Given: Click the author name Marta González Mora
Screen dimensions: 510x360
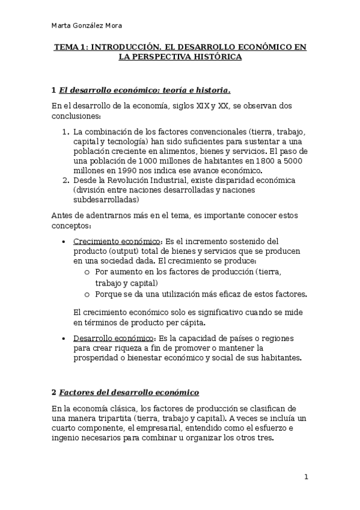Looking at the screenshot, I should point(88,25).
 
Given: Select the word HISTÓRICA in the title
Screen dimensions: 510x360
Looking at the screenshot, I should point(213,57).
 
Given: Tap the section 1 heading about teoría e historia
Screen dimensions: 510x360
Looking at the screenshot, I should point(144,91).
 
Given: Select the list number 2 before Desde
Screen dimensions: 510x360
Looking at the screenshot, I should point(65,180).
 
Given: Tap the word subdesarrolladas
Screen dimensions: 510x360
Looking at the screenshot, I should point(106,200).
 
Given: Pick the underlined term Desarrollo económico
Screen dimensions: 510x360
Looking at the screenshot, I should point(114,339).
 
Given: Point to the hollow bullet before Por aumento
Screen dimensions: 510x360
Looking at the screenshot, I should point(87,272).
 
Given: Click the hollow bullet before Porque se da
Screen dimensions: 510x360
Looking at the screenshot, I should point(87,294).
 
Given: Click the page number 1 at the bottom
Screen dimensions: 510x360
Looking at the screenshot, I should point(306,477).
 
